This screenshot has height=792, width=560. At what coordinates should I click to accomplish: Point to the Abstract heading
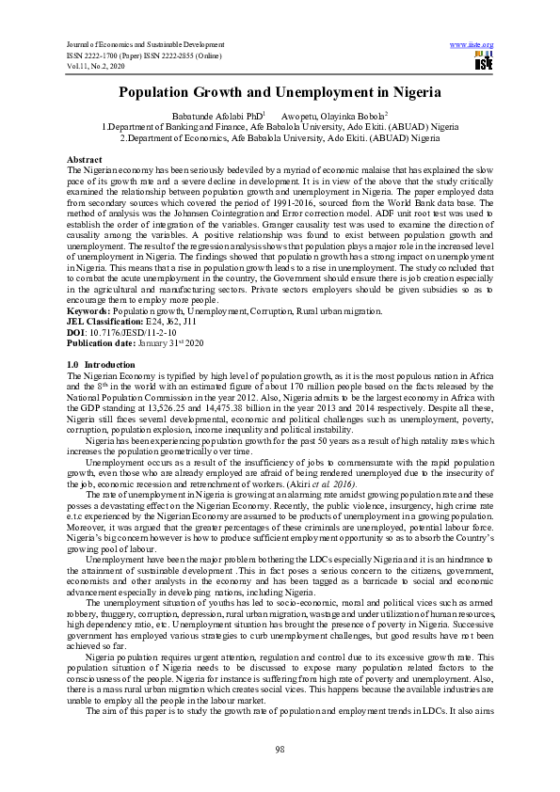[87, 161]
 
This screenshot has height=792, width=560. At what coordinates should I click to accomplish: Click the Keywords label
[93, 310]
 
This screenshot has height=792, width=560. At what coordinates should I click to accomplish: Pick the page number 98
[280, 748]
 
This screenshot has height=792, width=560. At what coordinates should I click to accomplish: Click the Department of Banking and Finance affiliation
[280, 125]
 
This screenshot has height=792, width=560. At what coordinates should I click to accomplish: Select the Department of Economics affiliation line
[280, 136]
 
